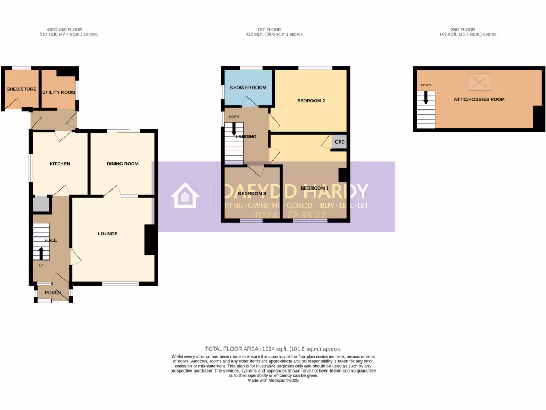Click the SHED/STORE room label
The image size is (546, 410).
pyautogui.click(x=21, y=89)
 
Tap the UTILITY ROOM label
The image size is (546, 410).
pyautogui.click(x=59, y=92)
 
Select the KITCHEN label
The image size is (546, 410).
pyautogui.click(x=60, y=164)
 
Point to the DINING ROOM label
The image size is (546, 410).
pyautogui.click(x=122, y=164)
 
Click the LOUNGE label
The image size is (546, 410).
pyautogui.click(x=107, y=234)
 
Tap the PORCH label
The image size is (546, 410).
pyautogui.click(x=53, y=292)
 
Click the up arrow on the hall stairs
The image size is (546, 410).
pyautogui.click(x=41, y=253)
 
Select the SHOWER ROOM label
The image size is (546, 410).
pyautogui.click(x=248, y=88)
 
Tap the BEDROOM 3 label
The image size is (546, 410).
pyautogui.click(x=252, y=193)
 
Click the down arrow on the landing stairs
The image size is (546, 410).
pyautogui.click(x=234, y=129)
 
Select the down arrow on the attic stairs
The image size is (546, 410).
pyautogui.click(x=425, y=98)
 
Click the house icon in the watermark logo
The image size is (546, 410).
pyautogui.click(x=184, y=196)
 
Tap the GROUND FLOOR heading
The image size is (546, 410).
pyautogui.click(x=65, y=30)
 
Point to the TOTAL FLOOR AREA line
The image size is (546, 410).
pyautogui.click(x=273, y=349)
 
